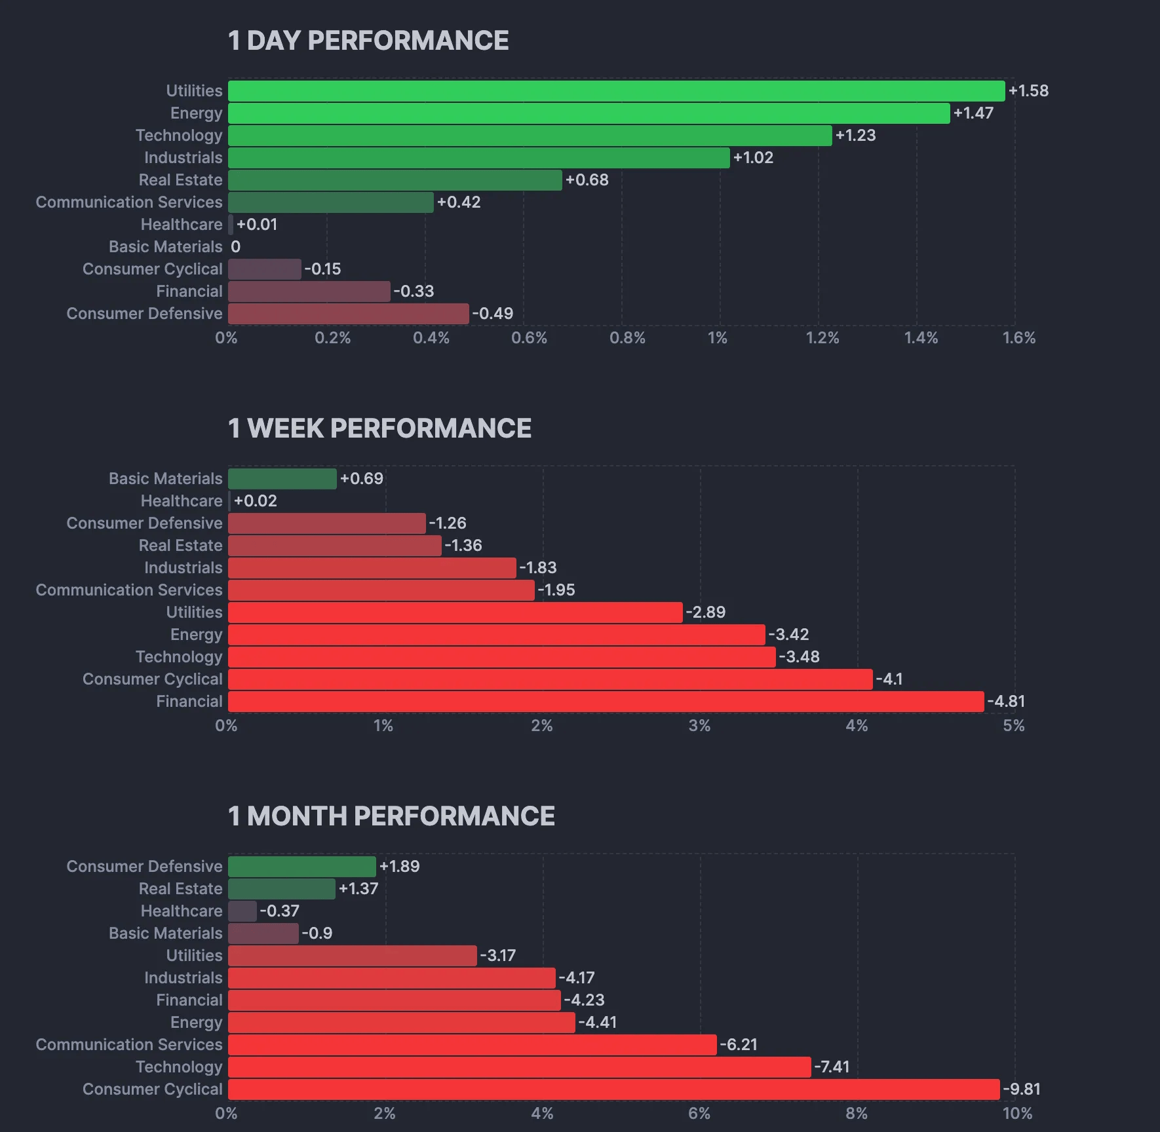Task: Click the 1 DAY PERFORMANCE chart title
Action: click(368, 41)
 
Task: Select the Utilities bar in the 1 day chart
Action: click(616, 91)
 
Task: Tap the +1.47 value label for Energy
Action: click(973, 113)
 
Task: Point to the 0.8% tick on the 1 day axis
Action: click(627, 338)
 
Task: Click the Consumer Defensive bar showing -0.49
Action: click(349, 314)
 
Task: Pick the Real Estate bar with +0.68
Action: click(395, 180)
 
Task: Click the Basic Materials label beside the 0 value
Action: click(166, 247)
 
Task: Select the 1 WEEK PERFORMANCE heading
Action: click(379, 428)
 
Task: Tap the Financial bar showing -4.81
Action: click(606, 702)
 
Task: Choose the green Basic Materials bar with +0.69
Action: click(282, 479)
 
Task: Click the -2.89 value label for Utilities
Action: click(706, 613)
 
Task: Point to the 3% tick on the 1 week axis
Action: click(699, 726)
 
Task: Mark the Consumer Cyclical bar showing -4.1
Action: click(551, 679)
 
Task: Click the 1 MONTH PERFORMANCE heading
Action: click(391, 816)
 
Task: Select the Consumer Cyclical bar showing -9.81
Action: click(614, 1089)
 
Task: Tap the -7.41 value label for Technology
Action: click(832, 1067)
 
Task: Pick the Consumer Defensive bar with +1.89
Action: click(302, 867)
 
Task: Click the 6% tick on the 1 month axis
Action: click(699, 1114)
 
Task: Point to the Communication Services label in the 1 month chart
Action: click(129, 1045)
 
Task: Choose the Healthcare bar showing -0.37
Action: click(242, 911)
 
